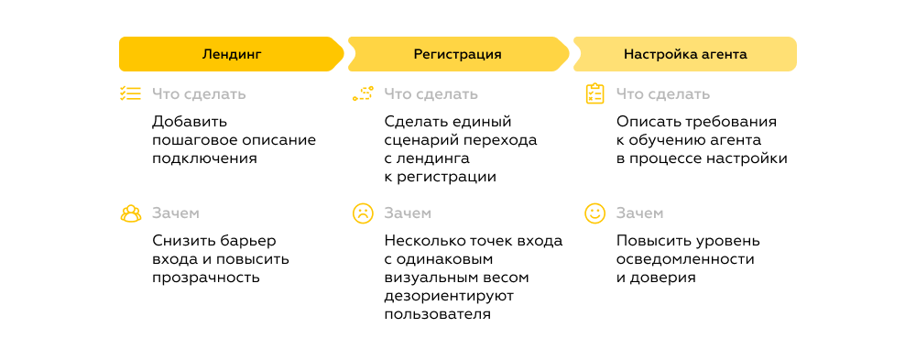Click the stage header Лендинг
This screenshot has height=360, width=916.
[x=231, y=54]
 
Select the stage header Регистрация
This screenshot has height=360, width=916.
[x=457, y=54]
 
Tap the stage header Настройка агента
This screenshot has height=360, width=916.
[x=685, y=54]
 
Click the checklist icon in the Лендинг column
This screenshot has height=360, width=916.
[x=130, y=93]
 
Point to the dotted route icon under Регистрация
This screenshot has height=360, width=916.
[x=363, y=93]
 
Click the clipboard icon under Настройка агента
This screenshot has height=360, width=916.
[x=594, y=93]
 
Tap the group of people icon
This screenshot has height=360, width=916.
[x=130, y=213]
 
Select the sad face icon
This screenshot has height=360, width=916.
[x=363, y=213]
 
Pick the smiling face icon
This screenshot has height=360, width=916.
[x=594, y=213]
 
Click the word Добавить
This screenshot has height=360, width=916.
[x=190, y=121]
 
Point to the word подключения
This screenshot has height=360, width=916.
[x=204, y=158]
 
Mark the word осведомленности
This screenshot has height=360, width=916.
[x=685, y=259]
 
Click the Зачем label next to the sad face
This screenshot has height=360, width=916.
[x=407, y=213]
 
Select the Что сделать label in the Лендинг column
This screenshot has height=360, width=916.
[x=199, y=93]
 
